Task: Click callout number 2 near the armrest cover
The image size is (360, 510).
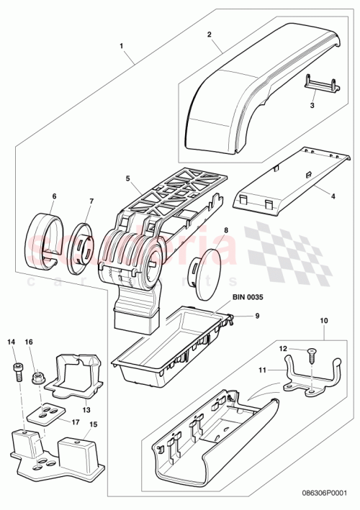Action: tap(209, 34)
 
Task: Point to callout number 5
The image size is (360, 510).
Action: tap(127, 178)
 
